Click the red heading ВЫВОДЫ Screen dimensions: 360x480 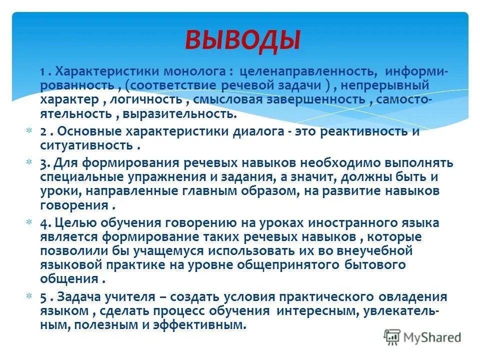point(243,40)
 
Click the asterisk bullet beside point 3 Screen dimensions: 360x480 point(28,162)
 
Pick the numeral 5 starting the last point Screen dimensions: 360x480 point(43,297)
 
